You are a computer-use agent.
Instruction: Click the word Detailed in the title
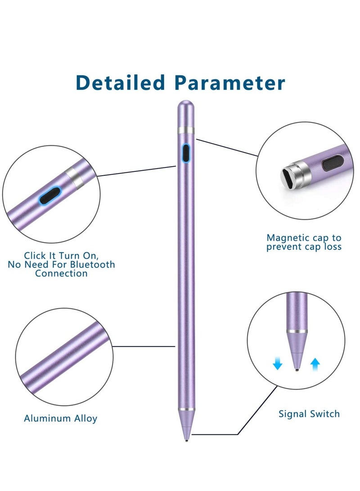[x=121, y=83]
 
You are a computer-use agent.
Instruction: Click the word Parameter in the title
[x=230, y=83]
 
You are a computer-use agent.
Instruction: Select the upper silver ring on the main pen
[x=185, y=131]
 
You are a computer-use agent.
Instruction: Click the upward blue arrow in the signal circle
[x=315, y=363]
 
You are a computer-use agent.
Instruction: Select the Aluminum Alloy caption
[x=60, y=418]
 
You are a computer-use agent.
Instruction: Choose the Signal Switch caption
[x=309, y=414]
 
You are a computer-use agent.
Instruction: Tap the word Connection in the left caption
[x=61, y=273]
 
